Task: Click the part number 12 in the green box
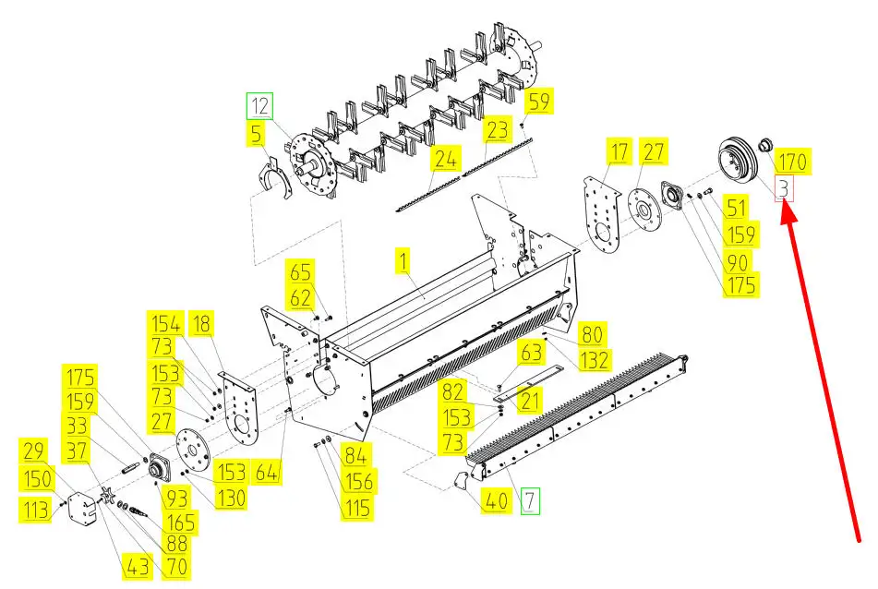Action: (x=259, y=106)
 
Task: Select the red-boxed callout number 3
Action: (x=784, y=189)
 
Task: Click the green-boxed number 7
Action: (x=530, y=501)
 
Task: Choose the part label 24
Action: (x=445, y=160)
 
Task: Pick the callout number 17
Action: (x=618, y=151)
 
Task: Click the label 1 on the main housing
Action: (x=402, y=261)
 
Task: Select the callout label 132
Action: (x=594, y=357)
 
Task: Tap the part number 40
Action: (x=497, y=501)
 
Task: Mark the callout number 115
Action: (x=356, y=507)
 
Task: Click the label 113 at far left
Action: (x=37, y=509)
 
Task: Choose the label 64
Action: (x=266, y=472)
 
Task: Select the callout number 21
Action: (x=530, y=401)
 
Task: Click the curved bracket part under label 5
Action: (x=273, y=178)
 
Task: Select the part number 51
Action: (x=737, y=208)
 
